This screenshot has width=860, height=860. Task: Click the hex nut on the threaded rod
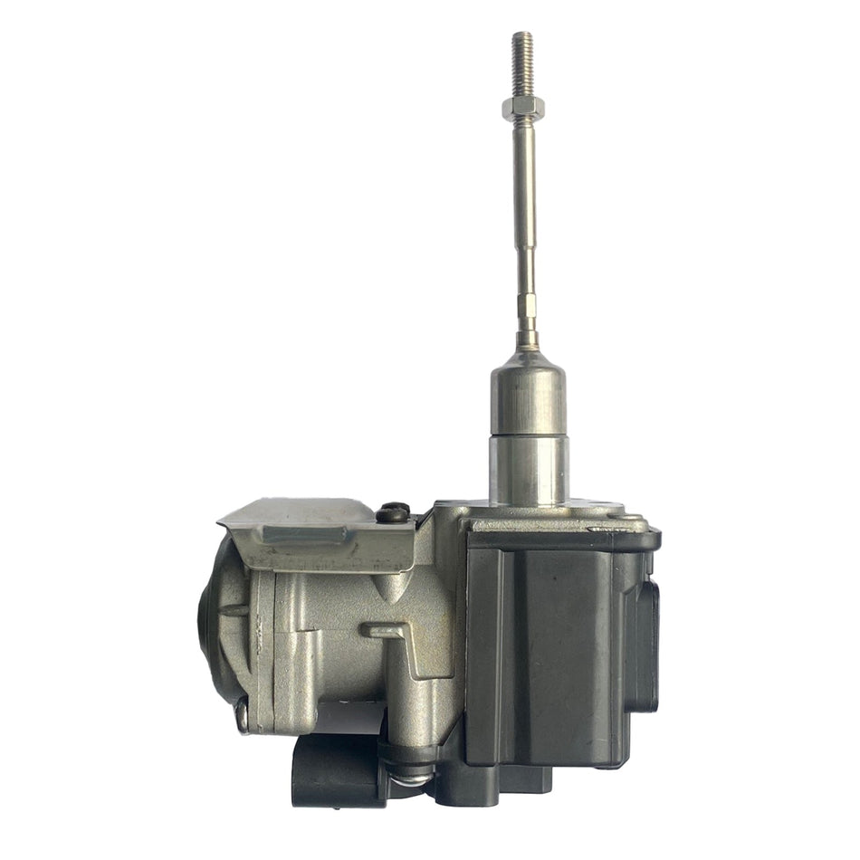pyautogui.click(x=522, y=111)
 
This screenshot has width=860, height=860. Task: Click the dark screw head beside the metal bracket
pyautogui.click(x=392, y=513)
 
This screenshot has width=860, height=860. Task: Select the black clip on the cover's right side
pyautogui.click(x=648, y=634)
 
